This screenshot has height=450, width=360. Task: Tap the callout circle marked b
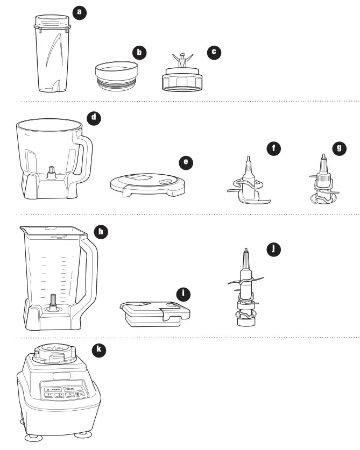140,52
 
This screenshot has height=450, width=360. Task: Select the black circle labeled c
214,52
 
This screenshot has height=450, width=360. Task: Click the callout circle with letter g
339,149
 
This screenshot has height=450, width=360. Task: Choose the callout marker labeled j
274,248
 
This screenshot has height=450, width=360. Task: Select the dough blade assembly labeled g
323,183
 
